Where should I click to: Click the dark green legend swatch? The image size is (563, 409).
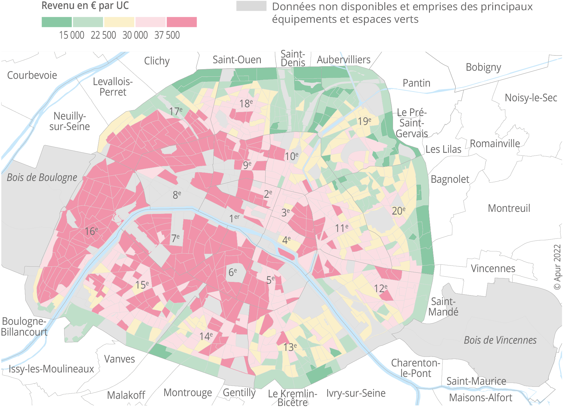click(x=57, y=22)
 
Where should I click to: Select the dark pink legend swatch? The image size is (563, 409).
click(x=182, y=22)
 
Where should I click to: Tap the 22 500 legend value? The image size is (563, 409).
click(x=103, y=35)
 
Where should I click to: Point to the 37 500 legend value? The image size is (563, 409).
click(x=167, y=35)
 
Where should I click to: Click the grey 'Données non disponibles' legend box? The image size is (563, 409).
click(x=251, y=6)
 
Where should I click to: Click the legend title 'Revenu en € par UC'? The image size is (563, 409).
click(x=85, y=6)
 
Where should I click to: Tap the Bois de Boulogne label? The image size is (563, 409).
click(x=42, y=177)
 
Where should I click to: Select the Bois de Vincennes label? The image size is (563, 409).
click(x=500, y=340)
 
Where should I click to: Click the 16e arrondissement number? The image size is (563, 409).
click(x=91, y=231)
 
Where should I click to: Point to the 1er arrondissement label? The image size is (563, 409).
click(x=234, y=218)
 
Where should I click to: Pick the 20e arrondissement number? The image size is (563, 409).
click(x=398, y=211)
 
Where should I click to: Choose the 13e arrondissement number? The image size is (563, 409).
click(x=290, y=347)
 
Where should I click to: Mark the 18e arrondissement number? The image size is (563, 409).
click(x=246, y=104)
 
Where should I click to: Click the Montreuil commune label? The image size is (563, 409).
click(x=509, y=208)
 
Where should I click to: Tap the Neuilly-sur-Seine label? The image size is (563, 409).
click(x=70, y=121)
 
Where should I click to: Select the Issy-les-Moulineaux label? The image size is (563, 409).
click(x=51, y=369)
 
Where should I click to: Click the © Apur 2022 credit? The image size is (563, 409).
click(x=557, y=267)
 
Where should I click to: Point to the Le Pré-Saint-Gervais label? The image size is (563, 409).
click(x=412, y=123)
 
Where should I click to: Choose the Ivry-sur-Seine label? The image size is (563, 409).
click(x=356, y=393)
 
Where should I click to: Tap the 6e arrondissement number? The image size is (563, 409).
click(x=233, y=272)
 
